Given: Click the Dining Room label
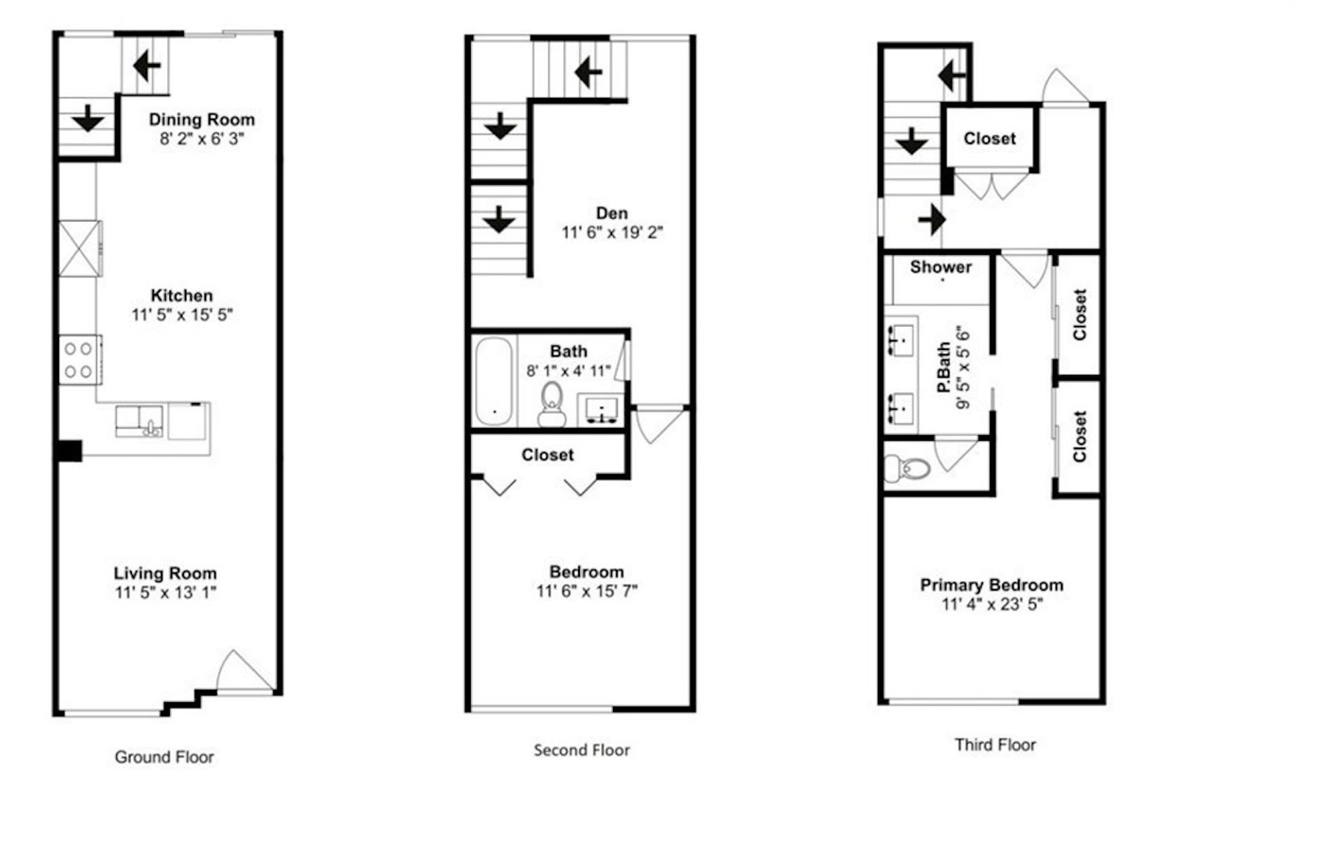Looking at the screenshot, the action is click(x=201, y=119).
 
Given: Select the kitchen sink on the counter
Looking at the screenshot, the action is click(x=139, y=421).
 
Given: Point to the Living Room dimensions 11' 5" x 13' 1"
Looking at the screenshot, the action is click(x=166, y=592).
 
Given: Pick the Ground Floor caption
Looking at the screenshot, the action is click(x=164, y=757).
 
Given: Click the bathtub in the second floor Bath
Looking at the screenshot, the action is click(x=493, y=381).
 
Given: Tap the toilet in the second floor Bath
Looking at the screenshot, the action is click(x=551, y=404).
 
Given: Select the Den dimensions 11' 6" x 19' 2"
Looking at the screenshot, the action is click(x=612, y=232).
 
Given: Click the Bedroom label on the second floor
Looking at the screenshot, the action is click(x=586, y=572).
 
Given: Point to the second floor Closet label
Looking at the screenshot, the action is click(x=547, y=455).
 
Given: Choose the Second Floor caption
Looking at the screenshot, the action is click(x=581, y=750).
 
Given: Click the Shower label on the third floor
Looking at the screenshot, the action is click(x=941, y=267).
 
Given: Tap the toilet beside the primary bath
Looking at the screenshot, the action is click(x=907, y=468).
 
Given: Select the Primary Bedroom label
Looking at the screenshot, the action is click(x=991, y=585).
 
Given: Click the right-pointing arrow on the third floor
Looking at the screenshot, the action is click(x=932, y=220).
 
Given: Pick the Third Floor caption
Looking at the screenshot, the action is click(x=995, y=745).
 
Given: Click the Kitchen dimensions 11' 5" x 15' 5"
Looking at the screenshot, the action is click(x=182, y=314).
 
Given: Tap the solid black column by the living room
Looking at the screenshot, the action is click(x=70, y=451).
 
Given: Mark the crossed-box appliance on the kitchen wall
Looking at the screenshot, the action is click(x=80, y=249).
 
